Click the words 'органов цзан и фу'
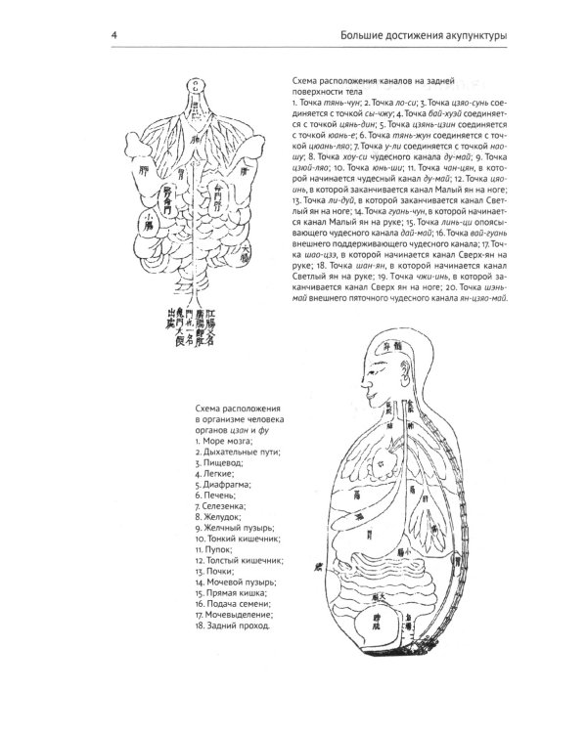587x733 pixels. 233,431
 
